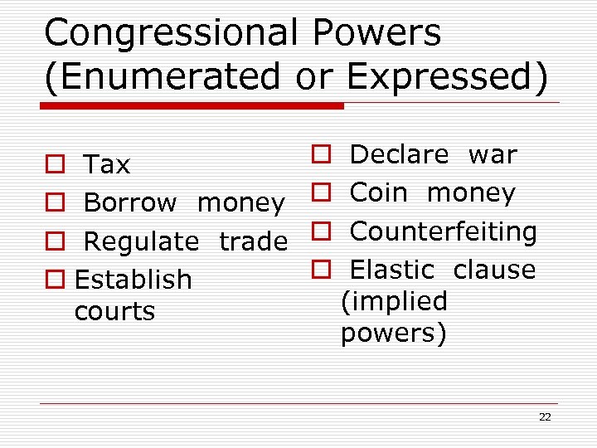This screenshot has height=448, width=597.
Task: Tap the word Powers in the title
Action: (377, 33)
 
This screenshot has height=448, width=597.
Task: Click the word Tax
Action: (107, 165)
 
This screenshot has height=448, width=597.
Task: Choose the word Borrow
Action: (130, 202)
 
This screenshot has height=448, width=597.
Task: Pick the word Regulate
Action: (141, 241)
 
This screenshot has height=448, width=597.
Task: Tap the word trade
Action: (253, 241)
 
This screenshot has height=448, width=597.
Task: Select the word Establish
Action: (133, 280)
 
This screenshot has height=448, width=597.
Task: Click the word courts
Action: (114, 311)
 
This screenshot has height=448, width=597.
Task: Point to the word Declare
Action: (399, 154)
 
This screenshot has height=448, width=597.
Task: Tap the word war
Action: (493, 154)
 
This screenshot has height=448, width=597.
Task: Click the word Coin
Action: (379, 192)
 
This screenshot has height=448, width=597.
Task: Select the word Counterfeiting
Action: (444, 231)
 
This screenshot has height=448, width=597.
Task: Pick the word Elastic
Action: (392, 270)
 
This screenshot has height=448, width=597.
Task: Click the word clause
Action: (494, 270)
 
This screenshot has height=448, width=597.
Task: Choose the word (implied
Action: (394, 301)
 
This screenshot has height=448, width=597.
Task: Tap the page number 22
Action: (545, 416)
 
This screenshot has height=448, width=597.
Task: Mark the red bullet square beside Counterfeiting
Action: (322, 231)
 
